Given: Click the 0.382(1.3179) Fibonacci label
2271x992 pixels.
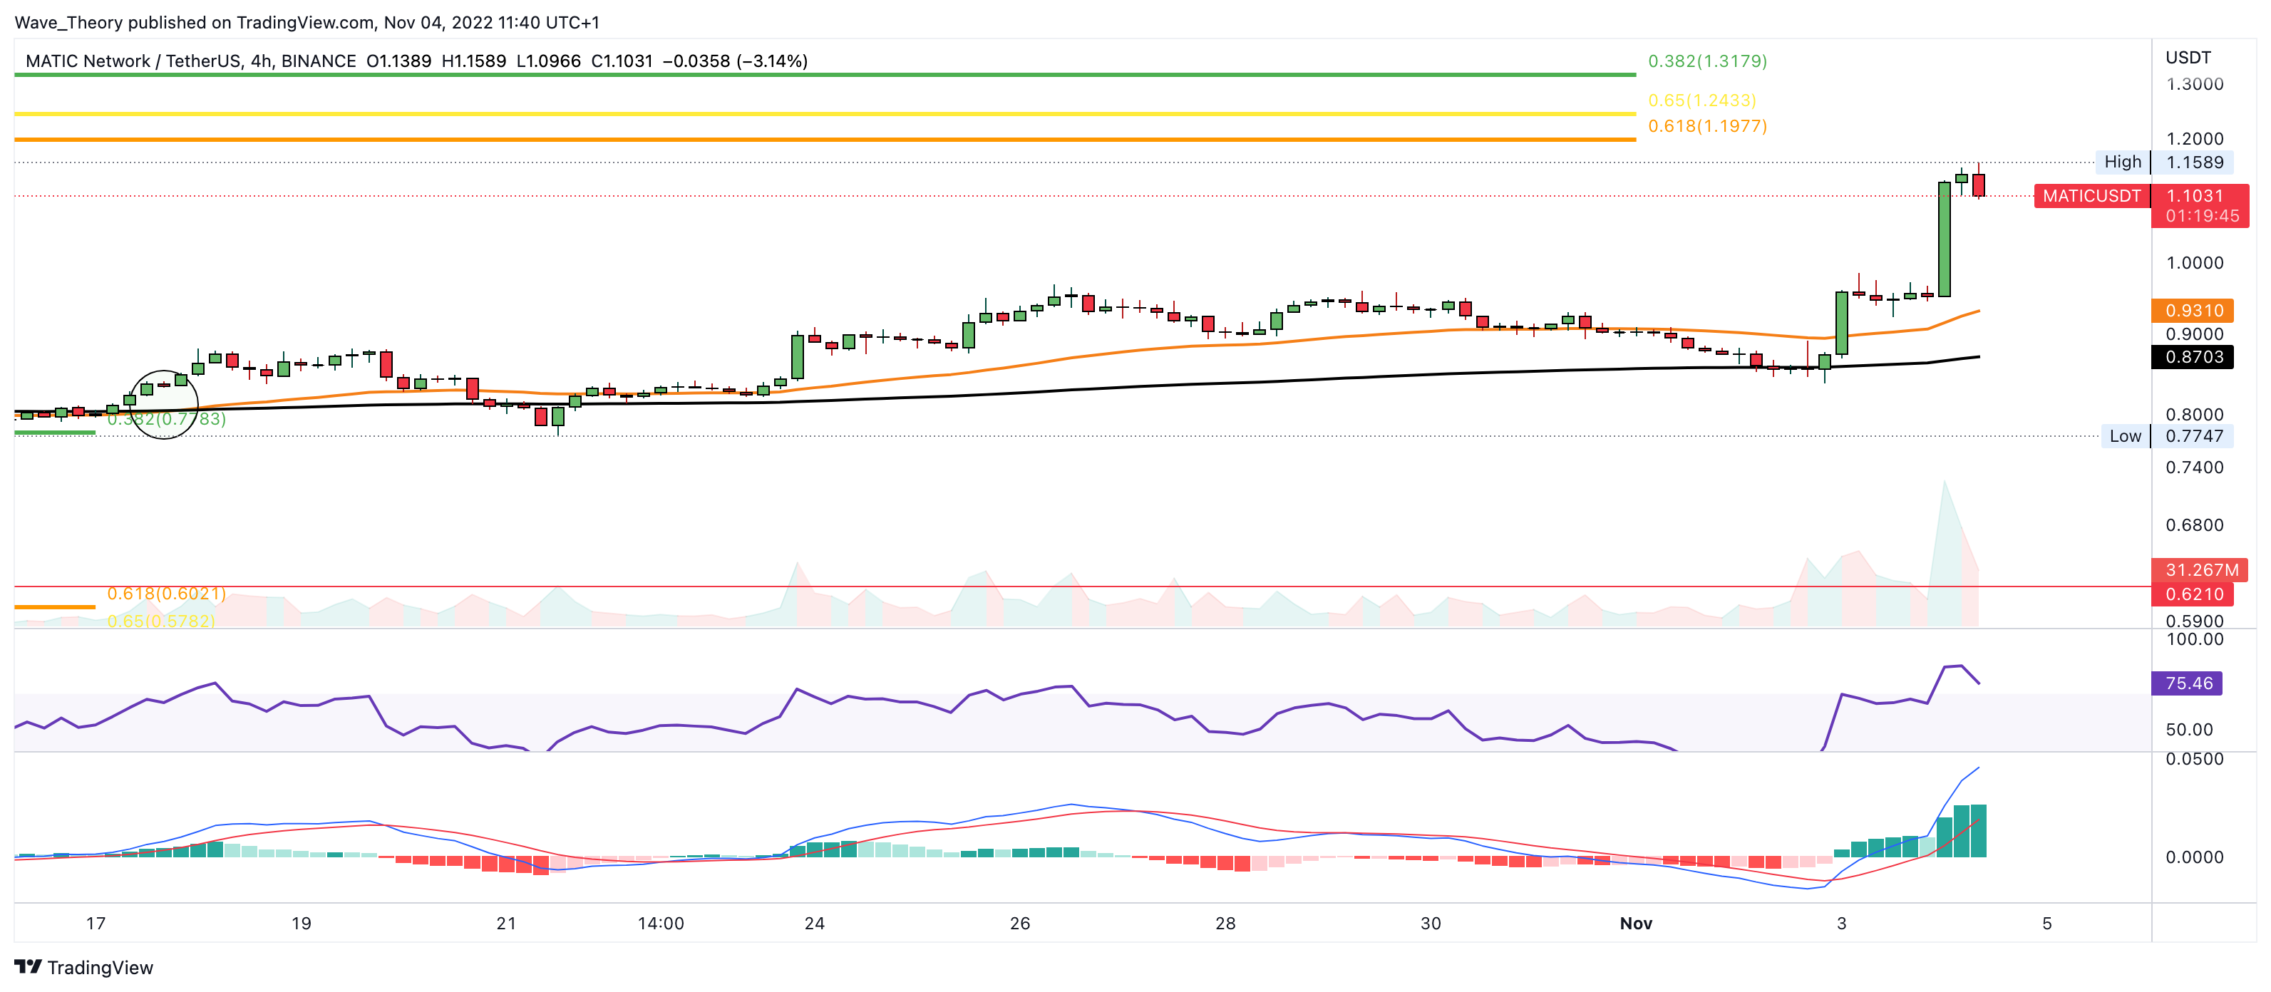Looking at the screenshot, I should [1706, 61].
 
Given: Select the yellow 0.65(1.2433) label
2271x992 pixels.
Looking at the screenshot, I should [1701, 100].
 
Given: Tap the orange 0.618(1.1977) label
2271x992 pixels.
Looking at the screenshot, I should [1706, 126].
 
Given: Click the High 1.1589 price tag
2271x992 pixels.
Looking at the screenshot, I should [2163, 162].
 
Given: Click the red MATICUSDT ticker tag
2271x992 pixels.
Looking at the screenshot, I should [2091, 196].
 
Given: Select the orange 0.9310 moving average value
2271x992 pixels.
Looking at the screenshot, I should [2193, 311].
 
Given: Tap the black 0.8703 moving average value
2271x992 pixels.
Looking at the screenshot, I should [2193, 357].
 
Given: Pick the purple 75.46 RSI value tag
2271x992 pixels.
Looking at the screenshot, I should [2188, 683].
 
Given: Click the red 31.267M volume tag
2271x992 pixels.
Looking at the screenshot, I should [2200, 569].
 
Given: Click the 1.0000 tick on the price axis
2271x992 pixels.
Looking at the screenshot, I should [2193, 263].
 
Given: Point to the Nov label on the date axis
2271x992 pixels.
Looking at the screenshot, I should [1635, 923].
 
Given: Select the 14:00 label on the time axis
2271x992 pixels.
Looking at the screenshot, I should [660, 923].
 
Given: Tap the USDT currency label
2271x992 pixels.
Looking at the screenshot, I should [2188, 57].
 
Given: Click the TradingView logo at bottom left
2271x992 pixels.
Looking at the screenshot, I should [83, 967].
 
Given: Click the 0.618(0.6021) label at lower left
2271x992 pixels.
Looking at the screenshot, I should [166, 594].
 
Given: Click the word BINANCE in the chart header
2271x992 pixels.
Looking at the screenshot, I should [318, 61].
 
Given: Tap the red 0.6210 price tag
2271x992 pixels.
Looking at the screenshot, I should [2193, 594].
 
